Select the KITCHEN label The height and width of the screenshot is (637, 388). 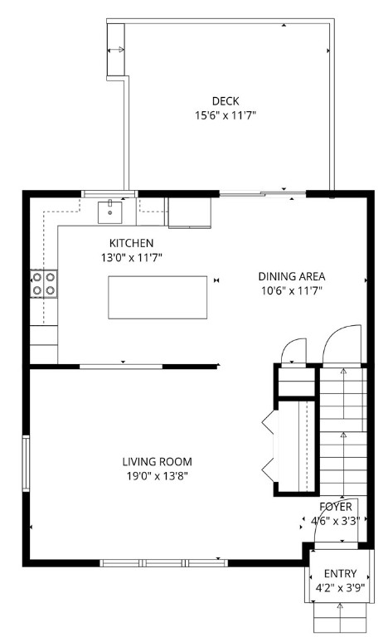click(x=131, y=243)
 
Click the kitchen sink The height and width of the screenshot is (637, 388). click(x=109, y=212)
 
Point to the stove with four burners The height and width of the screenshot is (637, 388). click(x=43, y=284)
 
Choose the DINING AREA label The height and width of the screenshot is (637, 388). click(x=291, y=276)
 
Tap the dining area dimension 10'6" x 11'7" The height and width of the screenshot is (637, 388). click(x=291, y=291)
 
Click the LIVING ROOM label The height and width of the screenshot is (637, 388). click(x=158, y=462)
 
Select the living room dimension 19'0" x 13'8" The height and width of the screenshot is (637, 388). click(x=158, y=477)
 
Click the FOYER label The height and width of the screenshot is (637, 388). click(x=336, y=507)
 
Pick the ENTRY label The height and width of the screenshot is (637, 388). click(x=340, y=574)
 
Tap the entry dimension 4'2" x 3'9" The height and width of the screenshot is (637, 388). click(x=340, y=588)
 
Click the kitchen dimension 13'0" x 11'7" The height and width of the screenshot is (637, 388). click(x=131, y=258)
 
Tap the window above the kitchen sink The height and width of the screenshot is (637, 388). click(x=109, y=193)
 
